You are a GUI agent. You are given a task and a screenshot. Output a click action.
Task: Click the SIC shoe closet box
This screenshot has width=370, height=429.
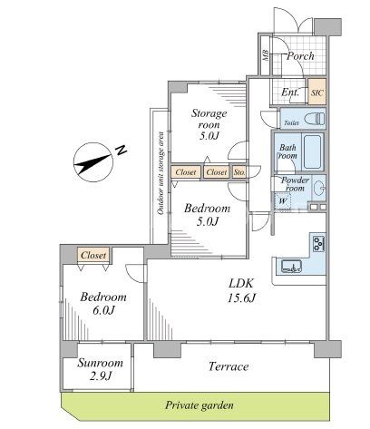[316, 92]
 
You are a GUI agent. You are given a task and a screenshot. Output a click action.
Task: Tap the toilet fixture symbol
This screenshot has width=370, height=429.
[315, 118]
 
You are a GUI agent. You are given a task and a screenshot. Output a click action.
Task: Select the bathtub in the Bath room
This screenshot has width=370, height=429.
[312, 151]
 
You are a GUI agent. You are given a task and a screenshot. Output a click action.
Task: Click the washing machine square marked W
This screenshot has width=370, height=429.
[282, 200]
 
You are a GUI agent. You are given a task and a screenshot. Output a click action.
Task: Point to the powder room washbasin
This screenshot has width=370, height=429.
[318, 189]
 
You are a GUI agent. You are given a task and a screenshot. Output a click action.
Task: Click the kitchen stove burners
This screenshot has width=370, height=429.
[318, 244]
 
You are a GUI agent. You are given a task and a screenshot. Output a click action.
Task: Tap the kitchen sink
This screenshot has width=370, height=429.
[291, 266]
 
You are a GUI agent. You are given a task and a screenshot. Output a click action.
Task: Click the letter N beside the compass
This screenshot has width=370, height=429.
[122, 150]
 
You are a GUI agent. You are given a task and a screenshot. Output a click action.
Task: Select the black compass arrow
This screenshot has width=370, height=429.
[92, 163]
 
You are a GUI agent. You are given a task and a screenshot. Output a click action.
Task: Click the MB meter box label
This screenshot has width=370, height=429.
[266, 55]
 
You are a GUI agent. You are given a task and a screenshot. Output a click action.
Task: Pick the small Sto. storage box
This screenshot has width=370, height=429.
[239, 172]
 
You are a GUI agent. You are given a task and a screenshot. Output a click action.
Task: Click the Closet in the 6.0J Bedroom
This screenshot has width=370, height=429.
[93, 255]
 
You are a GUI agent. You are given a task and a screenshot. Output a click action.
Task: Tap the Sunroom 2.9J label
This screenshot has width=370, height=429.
[101, 369]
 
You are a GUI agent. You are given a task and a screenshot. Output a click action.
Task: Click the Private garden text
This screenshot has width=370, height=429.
[200, 405]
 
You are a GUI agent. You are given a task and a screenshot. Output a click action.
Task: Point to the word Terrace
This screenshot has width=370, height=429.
[229, 366]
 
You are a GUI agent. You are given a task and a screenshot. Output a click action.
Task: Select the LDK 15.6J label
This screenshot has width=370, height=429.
[241, 290]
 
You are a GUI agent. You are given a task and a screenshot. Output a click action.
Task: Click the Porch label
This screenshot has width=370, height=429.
[300, 56]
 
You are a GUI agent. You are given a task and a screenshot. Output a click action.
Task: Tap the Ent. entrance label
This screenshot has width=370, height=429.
[290, 93]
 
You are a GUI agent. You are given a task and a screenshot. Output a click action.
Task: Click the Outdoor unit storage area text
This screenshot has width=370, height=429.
[161, 173]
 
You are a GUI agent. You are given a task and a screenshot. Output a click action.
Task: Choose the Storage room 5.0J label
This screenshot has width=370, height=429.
[209, 124]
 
